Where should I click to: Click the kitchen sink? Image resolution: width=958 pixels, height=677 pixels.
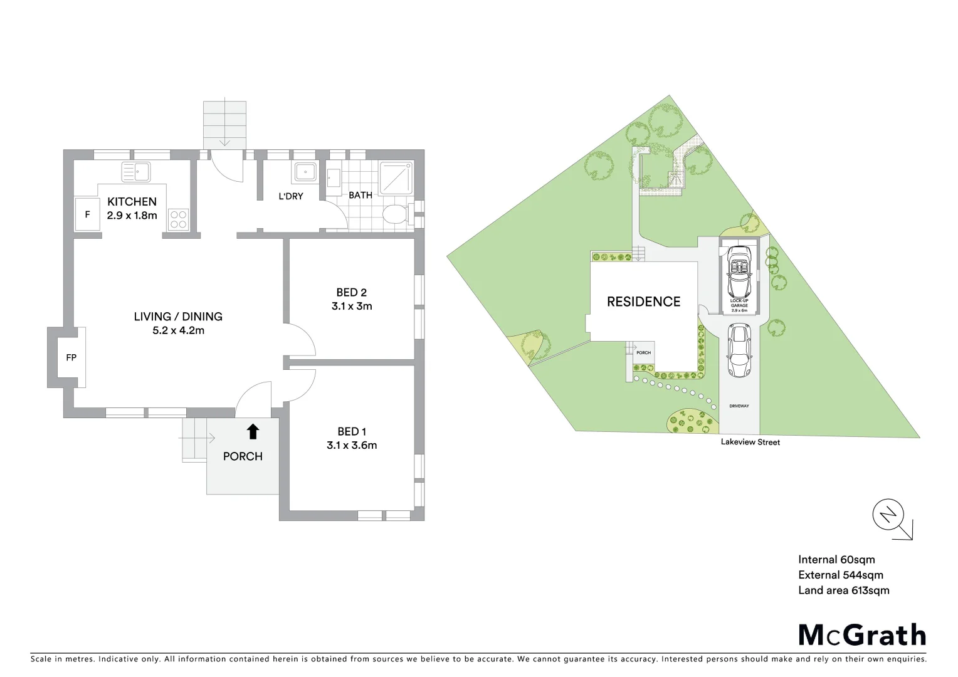click(136, 171)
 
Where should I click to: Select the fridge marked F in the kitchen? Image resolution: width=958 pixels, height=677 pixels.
click(88, 215)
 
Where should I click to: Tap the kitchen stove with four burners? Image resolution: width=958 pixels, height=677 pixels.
click(178, 218)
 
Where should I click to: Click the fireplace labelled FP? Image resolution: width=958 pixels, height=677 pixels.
click(71, 357)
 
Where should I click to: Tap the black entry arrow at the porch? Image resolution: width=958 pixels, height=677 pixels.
click(253, 431)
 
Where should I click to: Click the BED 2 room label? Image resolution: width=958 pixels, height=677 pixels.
click(351, 292)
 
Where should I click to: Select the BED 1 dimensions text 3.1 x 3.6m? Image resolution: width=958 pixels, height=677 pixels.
click(351, 446)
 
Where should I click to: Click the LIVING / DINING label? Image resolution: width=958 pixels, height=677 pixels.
click(178, 317)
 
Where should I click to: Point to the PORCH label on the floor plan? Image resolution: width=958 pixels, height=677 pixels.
click(243, 456)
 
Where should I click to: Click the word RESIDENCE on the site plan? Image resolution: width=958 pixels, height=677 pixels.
click(643, 302)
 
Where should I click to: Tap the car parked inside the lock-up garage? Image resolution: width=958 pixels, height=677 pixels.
click(740, 271)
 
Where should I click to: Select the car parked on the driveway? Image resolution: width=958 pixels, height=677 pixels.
click(739, 350)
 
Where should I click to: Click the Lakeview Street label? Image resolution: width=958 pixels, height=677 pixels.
click(750, 442)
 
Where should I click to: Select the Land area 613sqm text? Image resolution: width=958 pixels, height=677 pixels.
click(843, 590)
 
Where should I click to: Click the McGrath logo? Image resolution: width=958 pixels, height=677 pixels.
click(861, 634)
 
